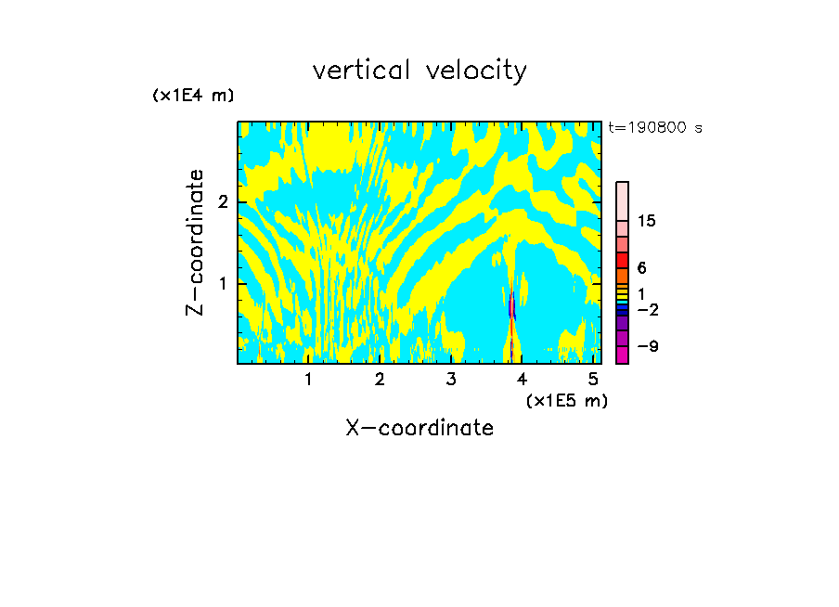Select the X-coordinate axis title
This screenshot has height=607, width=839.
pos(419,428)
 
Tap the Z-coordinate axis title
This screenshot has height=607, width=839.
pos(196,242)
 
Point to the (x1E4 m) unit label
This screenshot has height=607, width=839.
pos(193,96)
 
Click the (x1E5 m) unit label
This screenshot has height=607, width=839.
pos(566,400)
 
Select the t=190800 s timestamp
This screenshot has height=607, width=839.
pos(654,127)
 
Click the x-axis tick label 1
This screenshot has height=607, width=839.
pos(309,379)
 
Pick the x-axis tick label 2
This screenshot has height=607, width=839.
pos(380,379)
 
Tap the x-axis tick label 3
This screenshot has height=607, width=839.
pos(451,379)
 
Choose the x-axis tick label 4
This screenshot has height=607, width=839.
pos(522,379)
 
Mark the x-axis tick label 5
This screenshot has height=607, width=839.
pos(593,379)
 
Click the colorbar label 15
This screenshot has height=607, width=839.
pos(647,221)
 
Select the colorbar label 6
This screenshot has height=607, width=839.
pos(641,268)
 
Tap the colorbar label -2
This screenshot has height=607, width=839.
pos(647,309)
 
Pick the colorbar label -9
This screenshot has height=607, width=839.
pos(647,346)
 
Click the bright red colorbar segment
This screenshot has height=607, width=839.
pos(622,260)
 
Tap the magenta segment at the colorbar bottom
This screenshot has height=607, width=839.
pos(622,354)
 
